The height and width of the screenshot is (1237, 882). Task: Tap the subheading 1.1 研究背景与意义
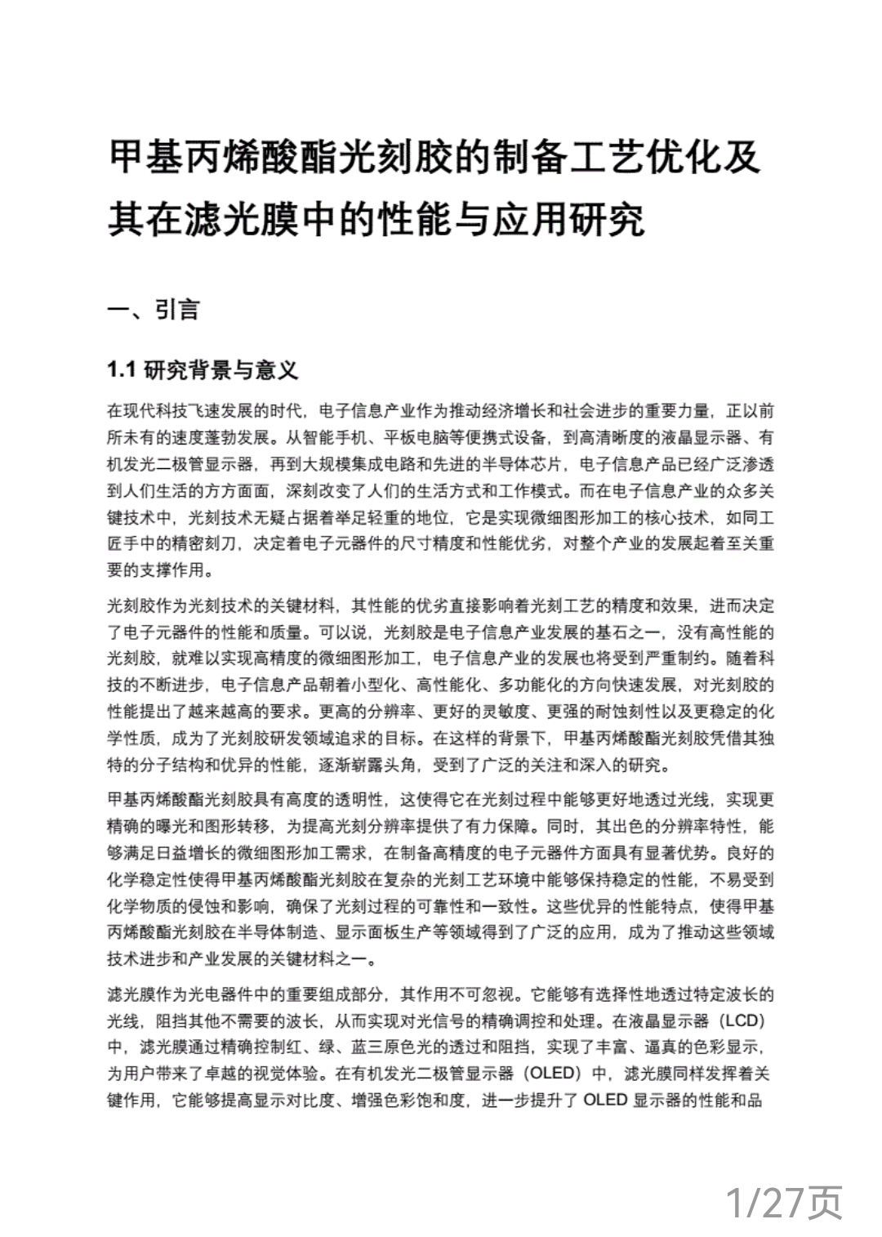click(x=203, y=371)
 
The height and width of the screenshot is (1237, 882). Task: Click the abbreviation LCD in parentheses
click(x=743, y=1022)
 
